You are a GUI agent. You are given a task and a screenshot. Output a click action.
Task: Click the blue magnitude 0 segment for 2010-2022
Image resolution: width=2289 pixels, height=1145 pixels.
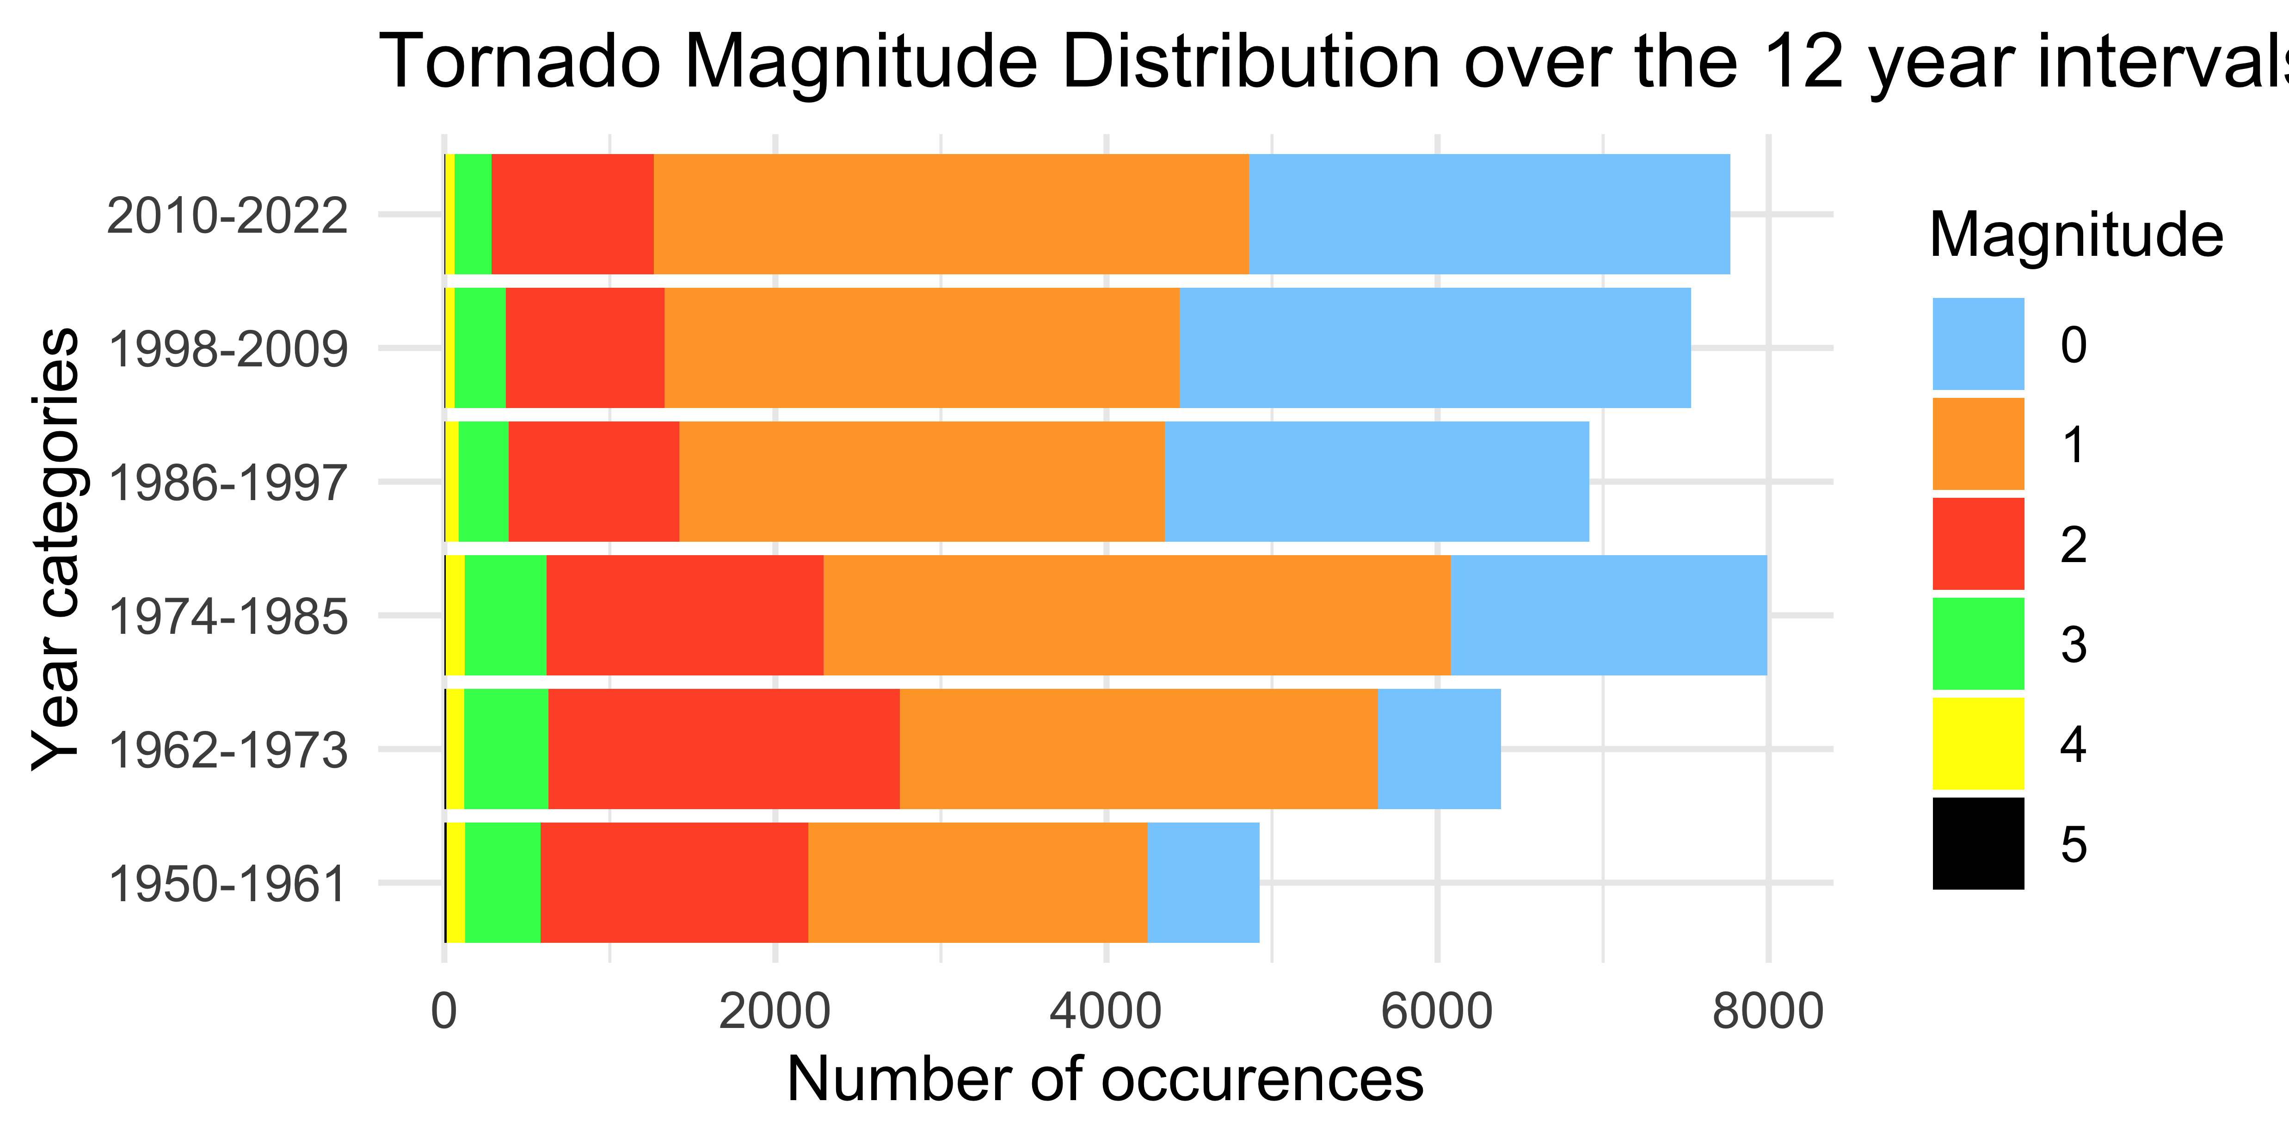click(x=1489, y=214)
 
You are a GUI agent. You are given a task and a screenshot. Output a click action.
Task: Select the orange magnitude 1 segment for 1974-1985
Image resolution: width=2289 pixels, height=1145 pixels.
click(x=1137, y=615)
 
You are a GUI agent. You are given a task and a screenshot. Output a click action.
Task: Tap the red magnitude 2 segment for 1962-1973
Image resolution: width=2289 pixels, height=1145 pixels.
click(x=724, y=749)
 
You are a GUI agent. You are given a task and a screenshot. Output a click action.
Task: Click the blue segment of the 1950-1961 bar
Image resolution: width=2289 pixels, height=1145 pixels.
click(x=1203, y=882)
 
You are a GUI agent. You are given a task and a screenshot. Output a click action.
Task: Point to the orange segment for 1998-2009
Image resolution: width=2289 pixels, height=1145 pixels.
click(x=922, y=347)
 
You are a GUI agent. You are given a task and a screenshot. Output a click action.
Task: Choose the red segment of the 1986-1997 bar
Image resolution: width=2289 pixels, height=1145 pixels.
click(x=594, y=481)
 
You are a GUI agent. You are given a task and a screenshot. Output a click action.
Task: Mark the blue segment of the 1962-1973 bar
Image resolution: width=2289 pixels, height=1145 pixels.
click(x=1439, y=749)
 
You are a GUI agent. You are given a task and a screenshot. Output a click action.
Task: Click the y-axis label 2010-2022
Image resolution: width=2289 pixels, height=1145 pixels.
click(x=227, y=216)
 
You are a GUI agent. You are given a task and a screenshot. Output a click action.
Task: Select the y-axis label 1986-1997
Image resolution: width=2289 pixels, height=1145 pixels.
click(x=227, y=483)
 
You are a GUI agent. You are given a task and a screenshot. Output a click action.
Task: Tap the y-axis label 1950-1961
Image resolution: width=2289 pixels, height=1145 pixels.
click(x=227, y=885)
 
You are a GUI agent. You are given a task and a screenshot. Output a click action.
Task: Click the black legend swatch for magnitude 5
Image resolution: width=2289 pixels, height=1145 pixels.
click(x=1978, y=843)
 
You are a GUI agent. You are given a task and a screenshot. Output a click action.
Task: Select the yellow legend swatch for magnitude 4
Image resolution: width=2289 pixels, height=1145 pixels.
click(x=1978, y=743)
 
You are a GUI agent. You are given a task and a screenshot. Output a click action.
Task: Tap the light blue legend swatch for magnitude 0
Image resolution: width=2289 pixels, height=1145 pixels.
click(x=1978, y=344)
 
